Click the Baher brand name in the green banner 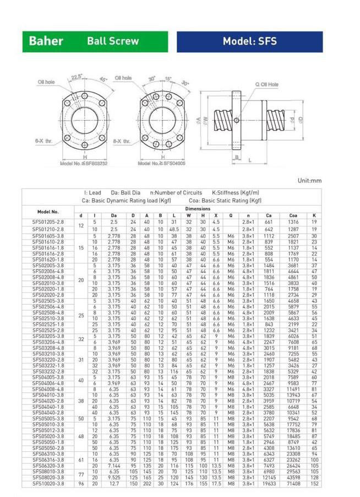click(x=46, y=41)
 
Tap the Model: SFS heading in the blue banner click(x=249, y=41)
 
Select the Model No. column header click(x=48, y=212)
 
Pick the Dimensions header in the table click(x=198, y=209)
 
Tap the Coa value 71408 click(x=293, y=483)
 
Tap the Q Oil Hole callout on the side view click(x=266, y=85)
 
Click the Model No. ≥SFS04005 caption click(x=161, y=163)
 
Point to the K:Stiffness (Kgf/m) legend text click(x=236, y=193)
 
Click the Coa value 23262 click(x=293, y=460)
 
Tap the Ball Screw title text click(x=113, y=41)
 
